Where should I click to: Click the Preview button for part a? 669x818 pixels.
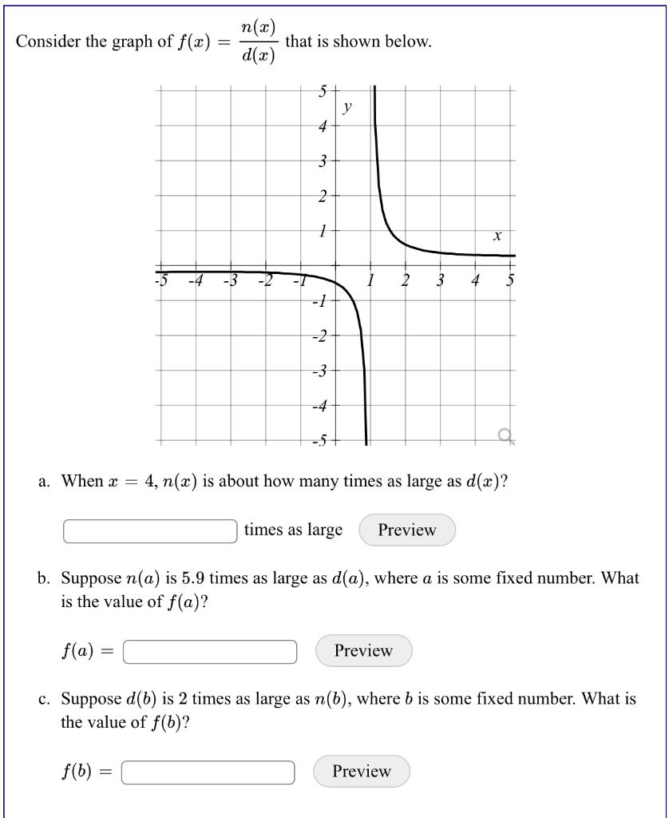407,530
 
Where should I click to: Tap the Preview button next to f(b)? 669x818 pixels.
362,772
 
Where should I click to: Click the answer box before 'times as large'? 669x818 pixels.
150,531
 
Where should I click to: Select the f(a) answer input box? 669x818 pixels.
211,652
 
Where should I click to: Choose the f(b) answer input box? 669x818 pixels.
208,772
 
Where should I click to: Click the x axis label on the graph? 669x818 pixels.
497,236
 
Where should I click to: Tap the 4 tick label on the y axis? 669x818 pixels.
323,126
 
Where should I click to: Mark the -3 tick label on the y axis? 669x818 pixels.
320,371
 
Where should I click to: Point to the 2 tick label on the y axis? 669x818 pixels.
323,197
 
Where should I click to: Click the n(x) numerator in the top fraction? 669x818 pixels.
258,27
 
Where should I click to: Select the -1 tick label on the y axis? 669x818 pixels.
320,301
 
